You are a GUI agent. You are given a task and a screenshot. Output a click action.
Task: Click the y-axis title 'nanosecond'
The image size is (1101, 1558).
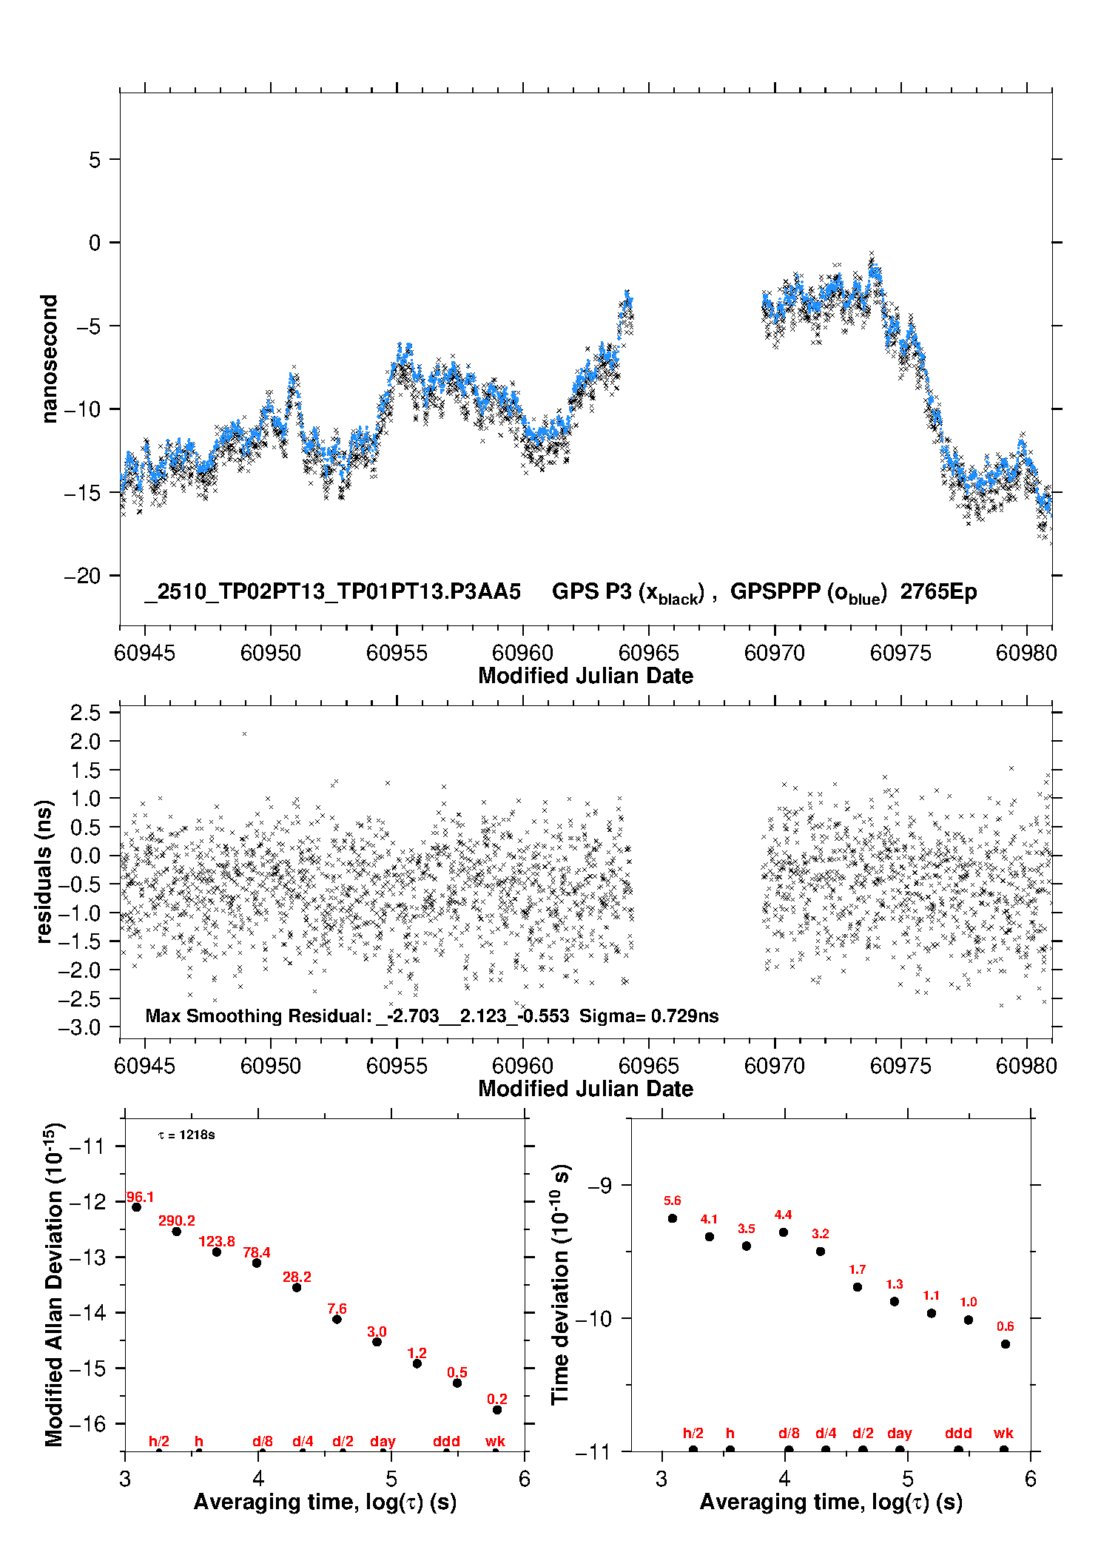(49, 359)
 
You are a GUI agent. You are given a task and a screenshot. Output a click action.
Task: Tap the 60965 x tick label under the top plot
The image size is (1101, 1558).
(648, 653)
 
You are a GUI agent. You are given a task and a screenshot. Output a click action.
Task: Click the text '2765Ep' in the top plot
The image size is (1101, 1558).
(938, 592)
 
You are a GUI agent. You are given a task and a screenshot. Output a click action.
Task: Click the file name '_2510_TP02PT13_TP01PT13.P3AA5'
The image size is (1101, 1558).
(333, 592)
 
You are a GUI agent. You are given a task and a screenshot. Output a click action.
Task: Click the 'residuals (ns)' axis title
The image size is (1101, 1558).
(44, 871)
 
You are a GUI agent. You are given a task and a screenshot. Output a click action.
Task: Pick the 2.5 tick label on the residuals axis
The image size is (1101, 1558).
(85, 713)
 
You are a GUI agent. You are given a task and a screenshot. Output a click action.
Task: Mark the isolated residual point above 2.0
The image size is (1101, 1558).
(245, 733)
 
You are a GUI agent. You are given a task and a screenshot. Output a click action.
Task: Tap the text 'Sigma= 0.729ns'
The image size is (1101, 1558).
(649, 1016)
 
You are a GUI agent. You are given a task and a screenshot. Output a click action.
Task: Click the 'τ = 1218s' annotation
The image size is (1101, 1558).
(186, 1135)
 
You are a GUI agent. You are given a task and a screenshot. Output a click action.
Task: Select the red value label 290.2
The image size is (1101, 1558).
(177, 1220)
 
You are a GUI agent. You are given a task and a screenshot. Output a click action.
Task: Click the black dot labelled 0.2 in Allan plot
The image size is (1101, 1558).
(497, 1410)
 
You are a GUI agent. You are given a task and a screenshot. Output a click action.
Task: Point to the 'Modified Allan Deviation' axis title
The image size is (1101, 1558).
(54, 1284)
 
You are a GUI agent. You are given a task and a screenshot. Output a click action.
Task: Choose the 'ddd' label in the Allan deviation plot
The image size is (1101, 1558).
(446, 1441)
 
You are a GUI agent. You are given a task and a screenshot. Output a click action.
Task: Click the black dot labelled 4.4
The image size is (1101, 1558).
(784, 1232)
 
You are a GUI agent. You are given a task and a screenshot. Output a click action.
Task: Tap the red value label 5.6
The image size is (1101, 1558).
(672, 1201)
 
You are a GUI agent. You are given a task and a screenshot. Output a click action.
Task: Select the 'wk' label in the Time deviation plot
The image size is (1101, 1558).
(1003, 1433)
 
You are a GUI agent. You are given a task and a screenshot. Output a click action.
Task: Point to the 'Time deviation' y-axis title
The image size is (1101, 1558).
(560, 1284)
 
